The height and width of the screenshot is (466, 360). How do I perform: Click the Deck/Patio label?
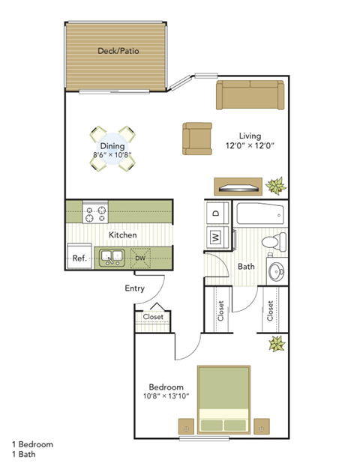[118, 52]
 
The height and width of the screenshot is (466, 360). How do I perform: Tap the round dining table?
[112, 147]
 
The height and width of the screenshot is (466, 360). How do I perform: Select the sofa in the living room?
[250, 95]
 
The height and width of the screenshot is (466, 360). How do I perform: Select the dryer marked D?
[216, 213]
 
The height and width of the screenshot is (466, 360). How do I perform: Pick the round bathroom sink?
[277, 270]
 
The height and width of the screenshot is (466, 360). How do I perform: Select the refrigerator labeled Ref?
[79, 257]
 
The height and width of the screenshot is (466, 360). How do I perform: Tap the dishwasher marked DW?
[140, 258]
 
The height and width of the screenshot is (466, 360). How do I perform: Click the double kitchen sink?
[112, 258]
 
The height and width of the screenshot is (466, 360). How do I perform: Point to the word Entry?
[134, 288]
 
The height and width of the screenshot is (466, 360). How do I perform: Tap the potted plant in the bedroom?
[277, 345]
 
